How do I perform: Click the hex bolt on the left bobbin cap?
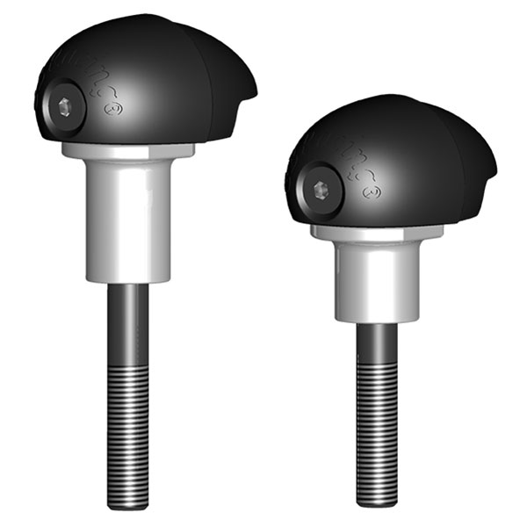pos(66,107)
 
